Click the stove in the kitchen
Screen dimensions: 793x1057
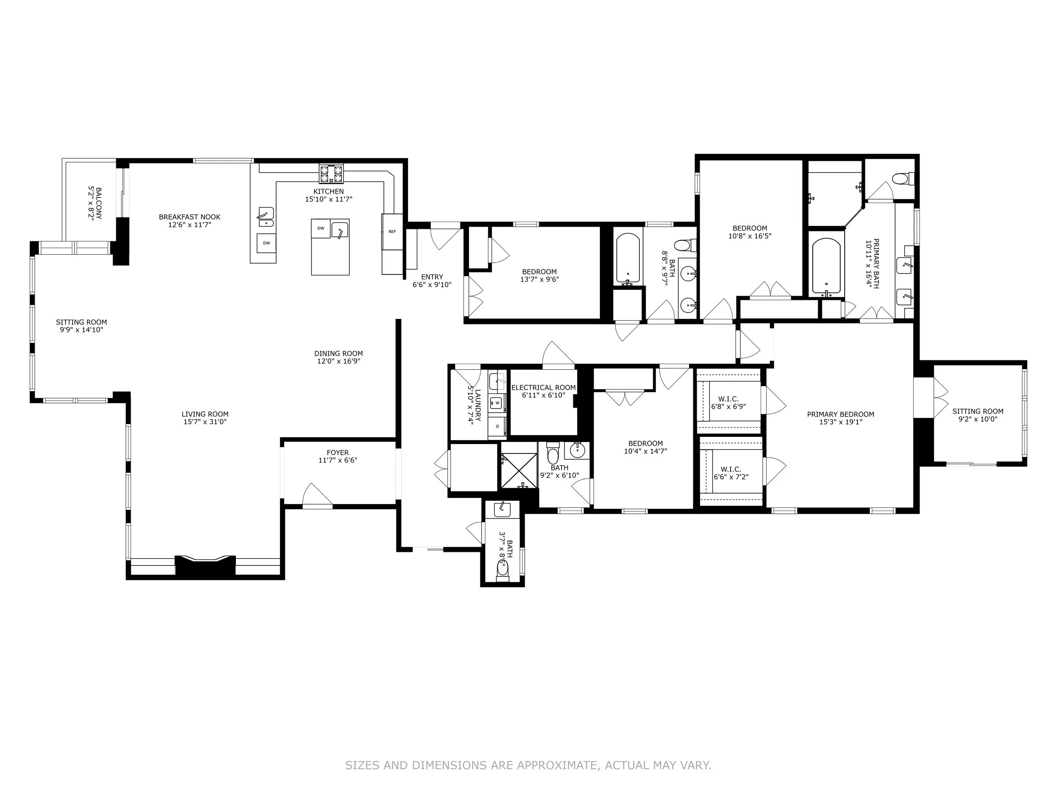click(x=331, y=173)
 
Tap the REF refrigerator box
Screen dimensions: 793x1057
click(x=392, y=231)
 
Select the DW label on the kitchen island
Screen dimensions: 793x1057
click(x=320, y=228)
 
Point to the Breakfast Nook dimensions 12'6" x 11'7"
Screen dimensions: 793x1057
click(x=189, y=225)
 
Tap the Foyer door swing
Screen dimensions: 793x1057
click(x=316, y=495)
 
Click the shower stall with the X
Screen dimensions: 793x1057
click(x=518, y=471)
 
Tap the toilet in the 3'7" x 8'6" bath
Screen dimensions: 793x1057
click(x=502, y=570)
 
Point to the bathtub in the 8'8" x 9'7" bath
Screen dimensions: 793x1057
click(x=628, y=258)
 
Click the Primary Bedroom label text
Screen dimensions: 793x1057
click(x=841, y=414)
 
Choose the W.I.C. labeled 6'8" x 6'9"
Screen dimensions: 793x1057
click(x=728, y=403)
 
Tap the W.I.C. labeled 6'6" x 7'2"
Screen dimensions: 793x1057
click(x=731, y=473)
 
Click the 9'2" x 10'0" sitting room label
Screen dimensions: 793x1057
click(x=978, y=415)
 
